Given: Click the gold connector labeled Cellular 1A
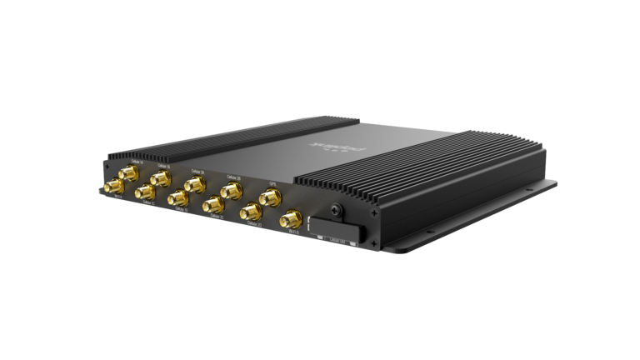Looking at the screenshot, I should pos(129,172).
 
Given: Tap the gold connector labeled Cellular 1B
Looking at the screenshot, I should pos(160,177).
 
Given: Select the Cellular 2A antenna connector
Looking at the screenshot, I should pos(195,184).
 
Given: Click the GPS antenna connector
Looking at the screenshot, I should pos(269,197).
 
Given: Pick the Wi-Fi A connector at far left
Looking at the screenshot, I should pos(111,187).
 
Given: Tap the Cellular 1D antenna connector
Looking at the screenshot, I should pos(177,198).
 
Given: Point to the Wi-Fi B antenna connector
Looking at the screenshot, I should pos(291,221).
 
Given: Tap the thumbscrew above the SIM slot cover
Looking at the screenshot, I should pos(336,210).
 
